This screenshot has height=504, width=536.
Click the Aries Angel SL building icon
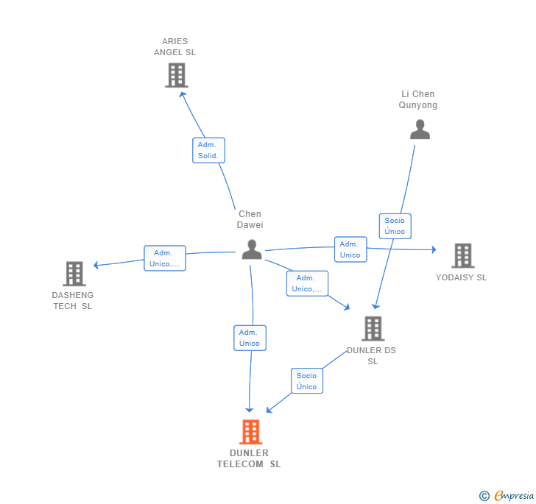tap(177, 75)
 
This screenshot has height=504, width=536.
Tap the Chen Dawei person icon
tap(252, 249)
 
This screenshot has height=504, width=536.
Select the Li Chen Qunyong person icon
tap(420, 129)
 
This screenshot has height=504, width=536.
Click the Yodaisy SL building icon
tap(462, 255)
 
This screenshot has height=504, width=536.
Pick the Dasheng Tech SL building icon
tap(74, 274)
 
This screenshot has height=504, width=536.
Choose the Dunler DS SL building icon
tap(373, 328)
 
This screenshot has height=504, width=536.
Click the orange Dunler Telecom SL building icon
tap(250, 432)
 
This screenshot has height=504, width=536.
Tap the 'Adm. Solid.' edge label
tap(208, 150)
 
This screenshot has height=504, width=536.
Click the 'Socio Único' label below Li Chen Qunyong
tap(395, 226)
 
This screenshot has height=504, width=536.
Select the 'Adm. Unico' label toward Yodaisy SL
tap(350, 249)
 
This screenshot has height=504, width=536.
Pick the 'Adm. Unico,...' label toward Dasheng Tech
tap(164, 258)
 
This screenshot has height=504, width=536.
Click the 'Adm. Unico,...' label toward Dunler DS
tap(307, 283)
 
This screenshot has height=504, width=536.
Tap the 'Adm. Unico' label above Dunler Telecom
tap(250, 338)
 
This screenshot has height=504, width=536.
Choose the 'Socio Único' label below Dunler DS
tap(306, 381)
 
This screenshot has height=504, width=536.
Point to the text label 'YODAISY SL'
tap(461, 278)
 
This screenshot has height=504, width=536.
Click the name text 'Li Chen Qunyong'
tap(418, 99)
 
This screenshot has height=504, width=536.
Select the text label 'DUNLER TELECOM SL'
tap(249, 458)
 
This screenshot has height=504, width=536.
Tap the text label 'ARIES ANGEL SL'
tap(175, 47)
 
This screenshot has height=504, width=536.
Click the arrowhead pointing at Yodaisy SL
tap(434, 249)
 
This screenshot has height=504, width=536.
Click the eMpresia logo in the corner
tap(507, 496)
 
